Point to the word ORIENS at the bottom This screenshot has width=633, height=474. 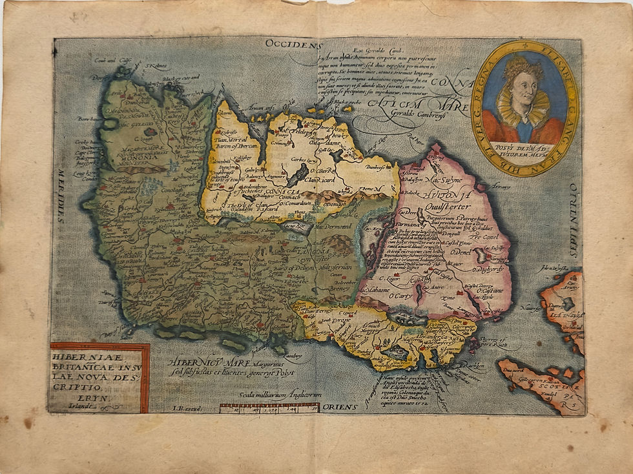pyautogui.click(x=337, y=407)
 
